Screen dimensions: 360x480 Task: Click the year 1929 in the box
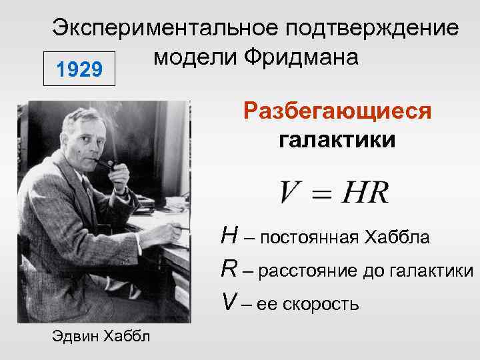point(79,68)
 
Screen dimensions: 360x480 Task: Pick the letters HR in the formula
point(365,193)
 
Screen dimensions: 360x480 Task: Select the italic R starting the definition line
point(229,269)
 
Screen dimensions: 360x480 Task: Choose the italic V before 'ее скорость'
point(229,303)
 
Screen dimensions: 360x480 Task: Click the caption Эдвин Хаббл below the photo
point(101,335)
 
